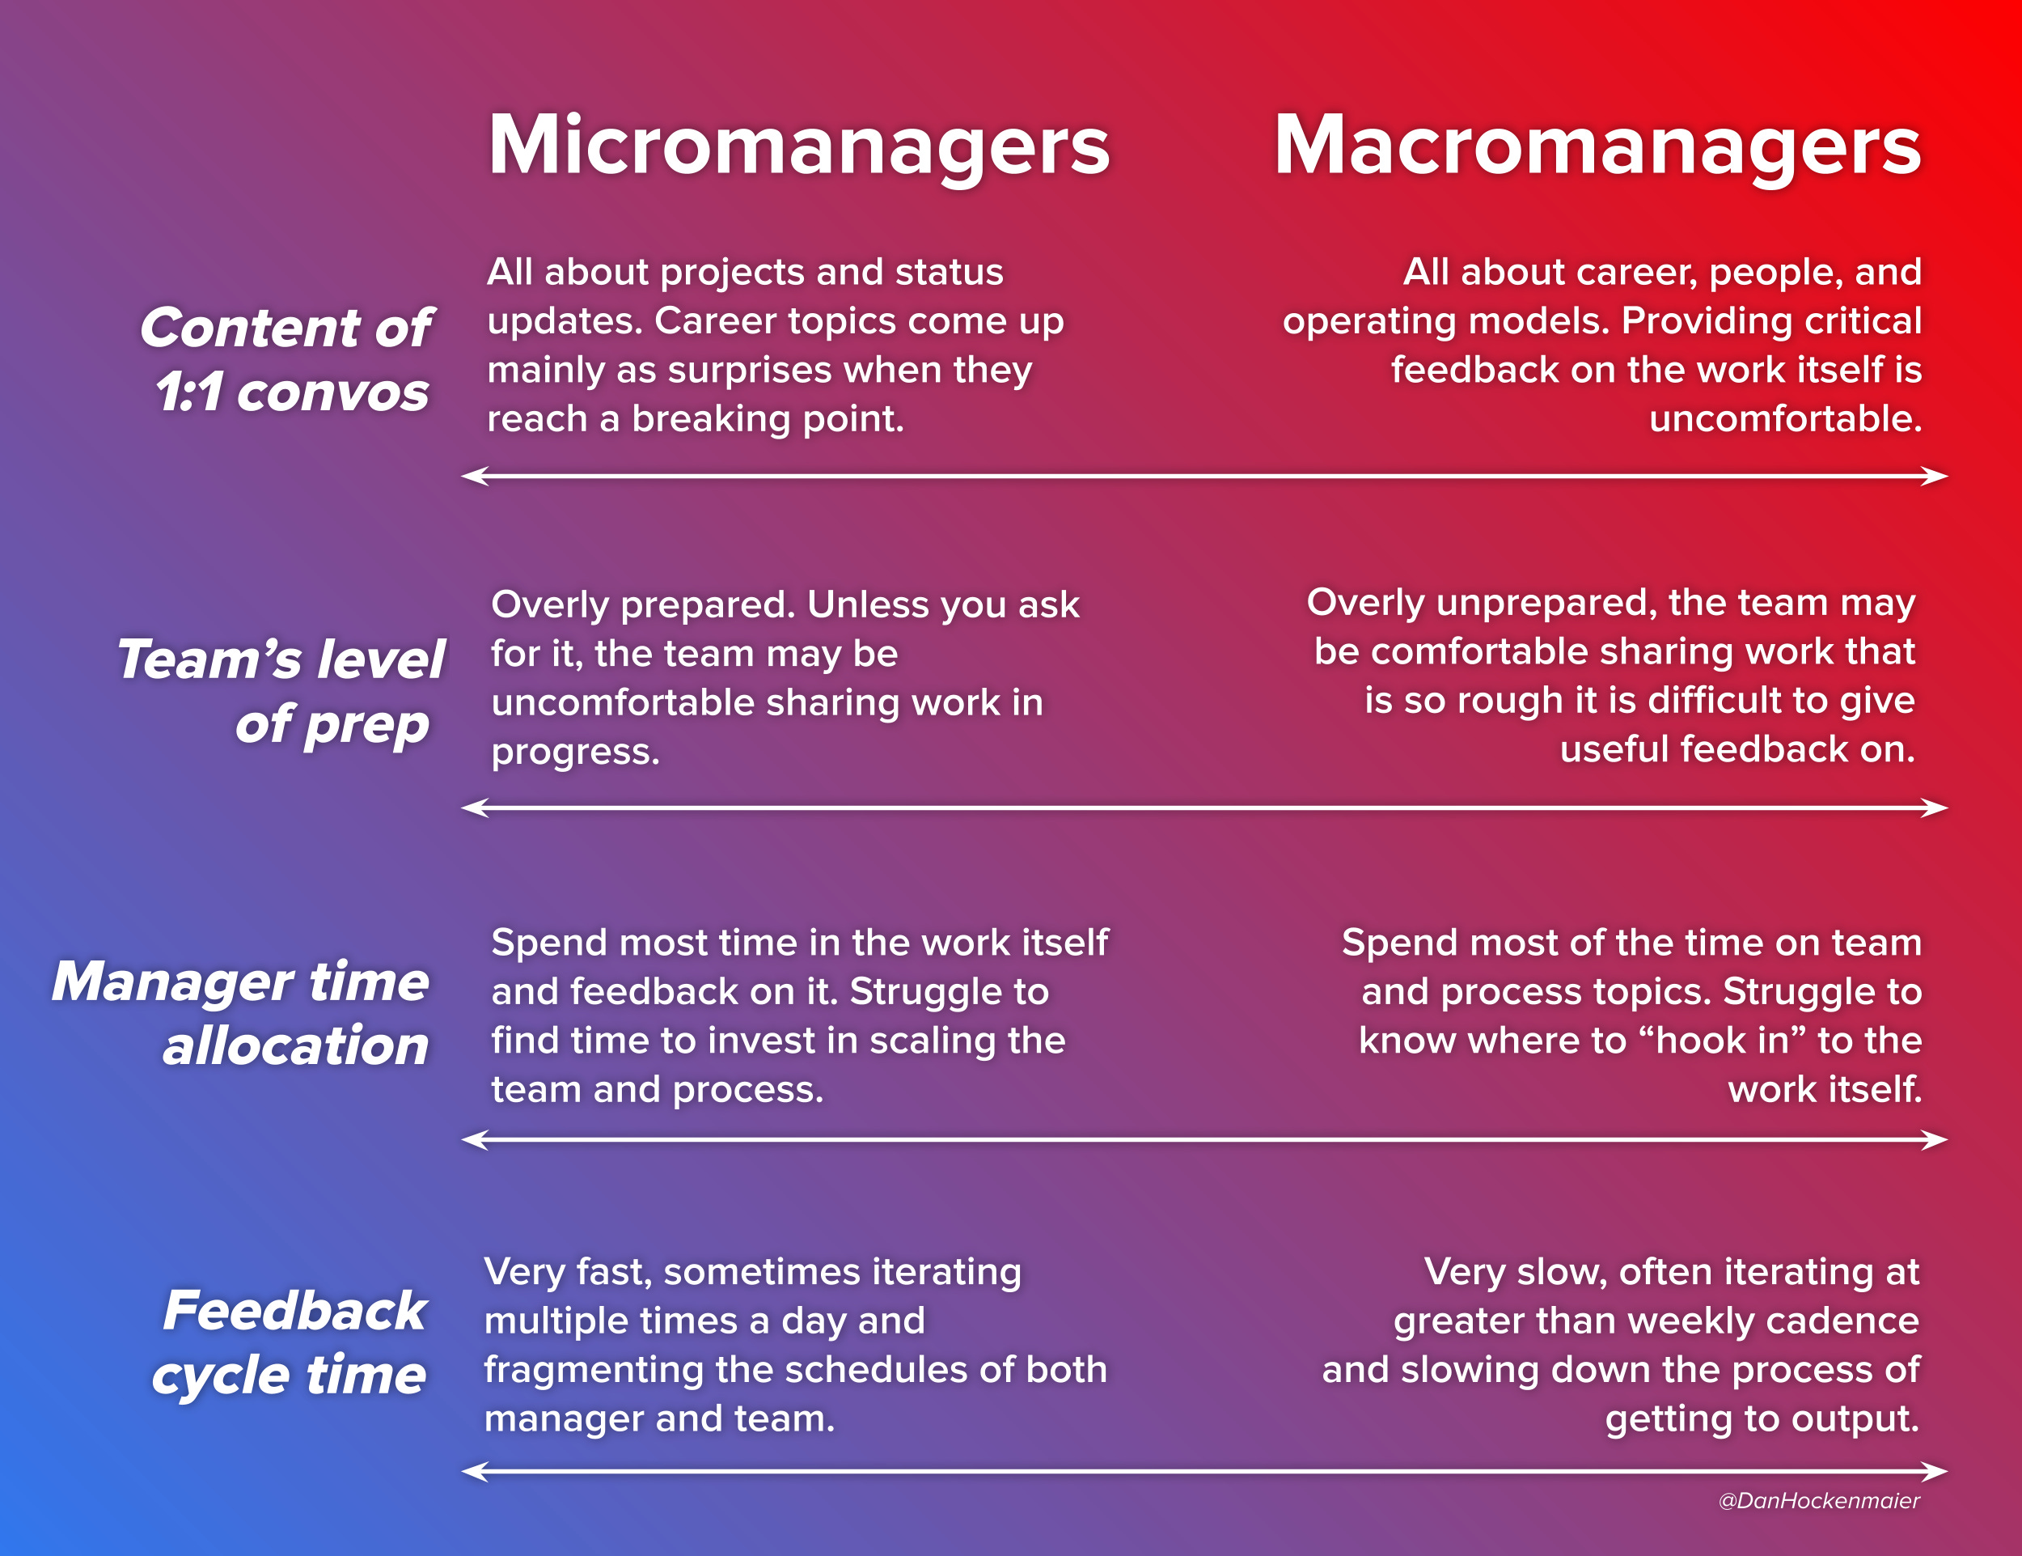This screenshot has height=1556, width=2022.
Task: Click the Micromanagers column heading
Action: point(798,146)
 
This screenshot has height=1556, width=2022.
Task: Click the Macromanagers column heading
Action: point(1597,146)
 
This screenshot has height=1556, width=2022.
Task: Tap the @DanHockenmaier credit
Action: point(1818,1500)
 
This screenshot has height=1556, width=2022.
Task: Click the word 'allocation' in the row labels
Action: point(295,1045)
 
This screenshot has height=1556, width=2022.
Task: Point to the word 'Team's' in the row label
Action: point(209,659)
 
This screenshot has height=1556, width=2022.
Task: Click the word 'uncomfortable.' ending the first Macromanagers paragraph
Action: point(1785,418)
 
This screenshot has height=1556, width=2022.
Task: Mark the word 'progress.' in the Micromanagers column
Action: point(575,752)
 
